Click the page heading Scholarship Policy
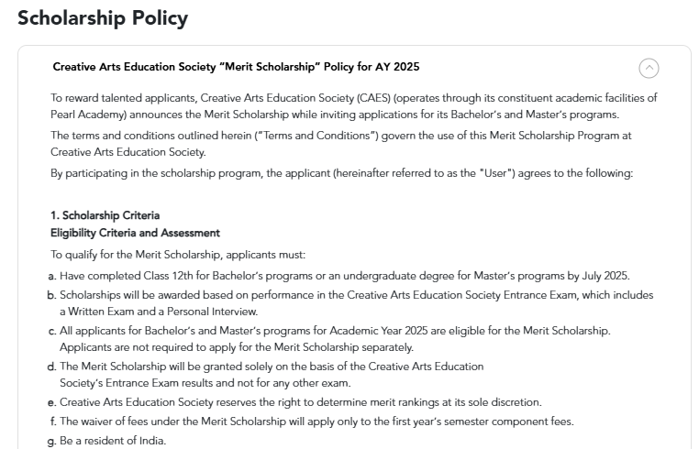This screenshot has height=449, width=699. (x=103, y=18)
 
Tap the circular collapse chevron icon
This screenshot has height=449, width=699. (x=649, y=68)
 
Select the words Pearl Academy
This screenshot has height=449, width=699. (x=89, y=115)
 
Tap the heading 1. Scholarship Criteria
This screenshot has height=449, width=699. (x=105, y=216)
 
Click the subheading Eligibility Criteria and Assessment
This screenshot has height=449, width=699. (x=135, y=234)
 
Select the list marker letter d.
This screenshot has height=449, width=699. (x=53, y=367)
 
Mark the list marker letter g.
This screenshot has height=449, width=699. (x=53, y=442)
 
